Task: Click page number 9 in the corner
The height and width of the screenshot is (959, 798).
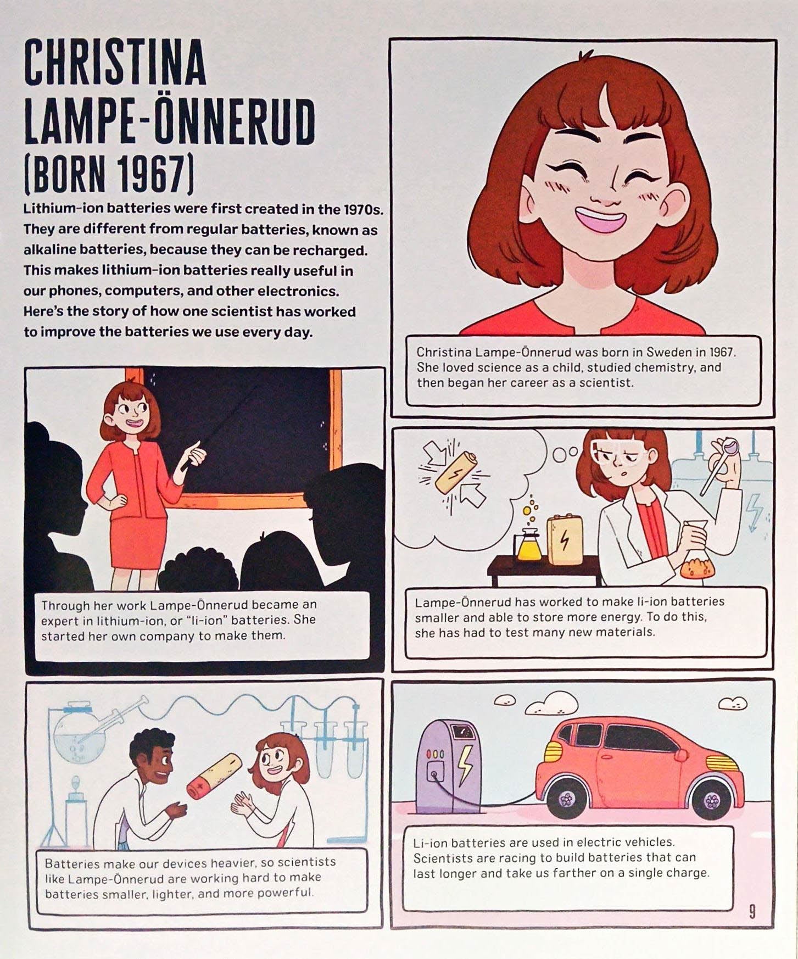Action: (752, 912)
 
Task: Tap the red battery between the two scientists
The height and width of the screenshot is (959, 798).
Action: (214, 776)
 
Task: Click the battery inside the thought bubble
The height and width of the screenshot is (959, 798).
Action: (456, 472)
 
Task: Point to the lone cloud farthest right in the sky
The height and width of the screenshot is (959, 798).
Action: (733, 703)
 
